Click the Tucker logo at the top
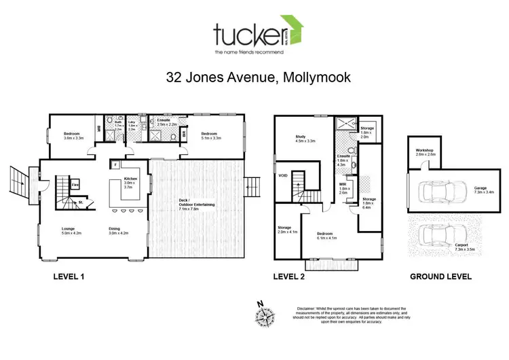(257, 37)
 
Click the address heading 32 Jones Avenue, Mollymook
(259, 77)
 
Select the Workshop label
(425, 153)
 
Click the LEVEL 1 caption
(72, 277)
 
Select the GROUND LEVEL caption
(440, 277)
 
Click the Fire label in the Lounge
(75, 184)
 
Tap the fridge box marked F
(116, 164)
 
